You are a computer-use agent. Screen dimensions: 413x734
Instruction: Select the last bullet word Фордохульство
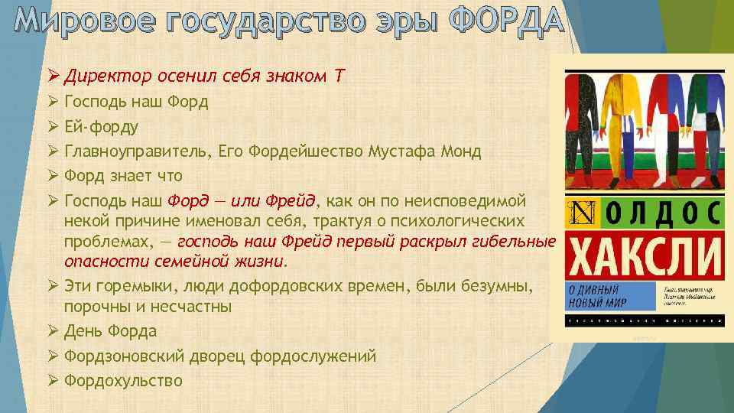click(124, 380)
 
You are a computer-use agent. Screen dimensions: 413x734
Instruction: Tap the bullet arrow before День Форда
click(53, 331)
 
